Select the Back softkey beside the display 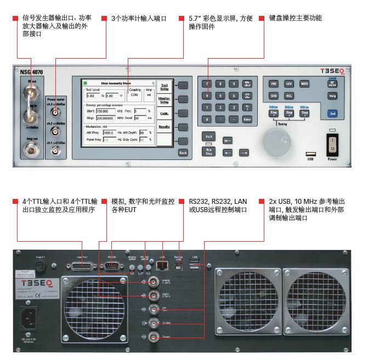click(x=183, y=153)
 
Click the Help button click(x=332, y=96)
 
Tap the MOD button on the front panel click(x=304, y=84)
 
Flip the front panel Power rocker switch click(x=332, y=144)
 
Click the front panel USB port click(x=311, y=155)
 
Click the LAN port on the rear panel click(x=162, y=266)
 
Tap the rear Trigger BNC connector click(x=144, y=338)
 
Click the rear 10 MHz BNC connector click(x=144, y=324)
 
